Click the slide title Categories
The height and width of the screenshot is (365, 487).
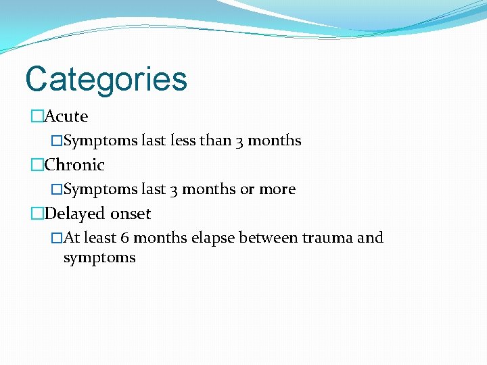point(106,79)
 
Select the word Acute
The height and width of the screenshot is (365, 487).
point(66,116)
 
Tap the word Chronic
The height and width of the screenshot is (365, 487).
point(74,165)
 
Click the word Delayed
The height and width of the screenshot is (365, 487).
point(75,214)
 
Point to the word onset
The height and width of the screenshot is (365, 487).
point(131,214)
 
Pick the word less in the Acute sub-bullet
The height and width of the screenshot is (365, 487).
point(183,141)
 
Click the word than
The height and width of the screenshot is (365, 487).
point(216,141)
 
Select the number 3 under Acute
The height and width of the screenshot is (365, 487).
point(240,141)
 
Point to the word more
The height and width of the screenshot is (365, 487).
point(277,190)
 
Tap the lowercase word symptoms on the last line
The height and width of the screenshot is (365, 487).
point(99,258)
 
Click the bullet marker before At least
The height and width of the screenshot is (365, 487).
point(57,238)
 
